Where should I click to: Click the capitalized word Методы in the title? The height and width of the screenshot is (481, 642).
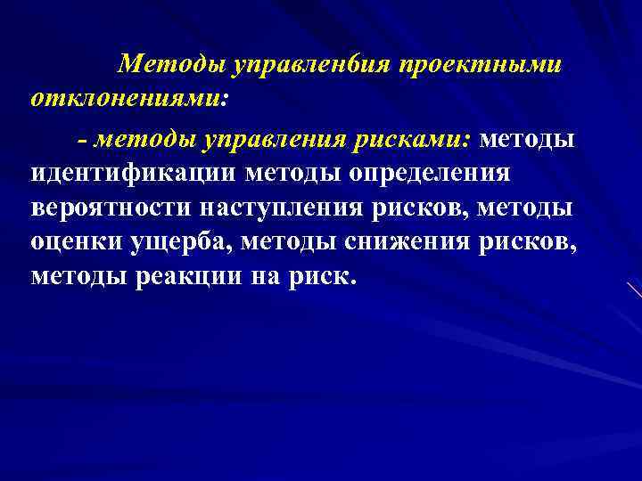pyautogui.click(x=170, y=62)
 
